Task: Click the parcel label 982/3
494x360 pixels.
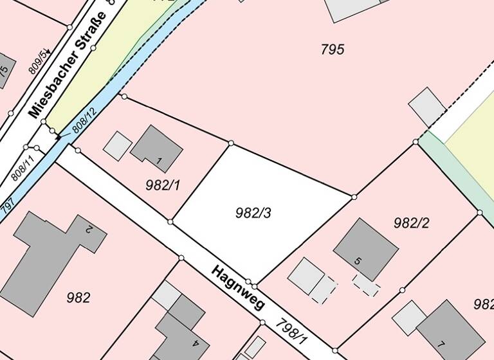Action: pyautogui.click(x=253, y=213)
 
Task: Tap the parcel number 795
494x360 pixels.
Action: pyautogui.click(x=333, y=49)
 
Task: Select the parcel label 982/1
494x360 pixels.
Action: pyautogui.click(x=163, y=186)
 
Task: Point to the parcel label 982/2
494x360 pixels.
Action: pyautogui.click(x=411, y=223)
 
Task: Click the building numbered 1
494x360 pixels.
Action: pyautogui.click(x=158, y=148)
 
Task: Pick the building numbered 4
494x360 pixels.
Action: pyautogui.click(x=183, y=328)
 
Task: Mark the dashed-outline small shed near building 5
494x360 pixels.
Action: pyautogui.click(x=366, y=284)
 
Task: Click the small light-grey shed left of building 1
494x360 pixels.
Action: pyautogui.click(x=118, y=146)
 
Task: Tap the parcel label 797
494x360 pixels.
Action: pyautogui.click(x=8, y=206)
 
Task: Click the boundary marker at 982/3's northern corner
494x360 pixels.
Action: pyautogui.click(x=231, y=143)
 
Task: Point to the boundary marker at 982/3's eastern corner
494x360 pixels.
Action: pyautogui.click(x=354, y=197)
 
